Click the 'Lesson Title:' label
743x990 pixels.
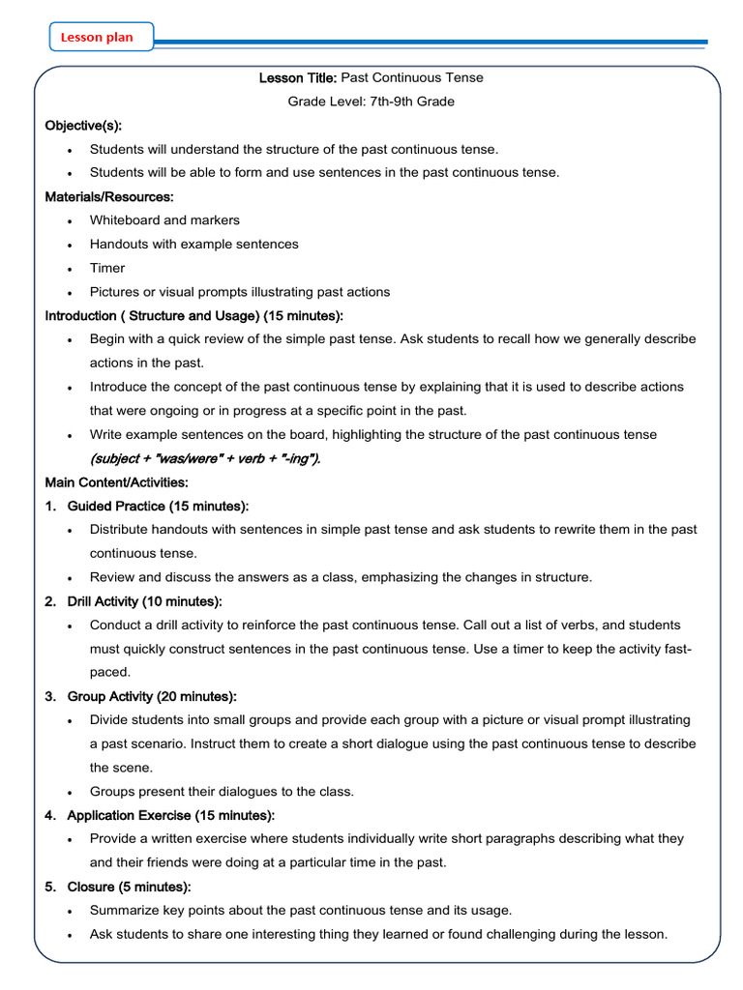[x=298, y=77]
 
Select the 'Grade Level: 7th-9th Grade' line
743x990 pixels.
[x=371, y=102]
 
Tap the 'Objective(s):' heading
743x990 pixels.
[x=83, y=126]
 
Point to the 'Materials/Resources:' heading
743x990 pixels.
[x=109, y=196]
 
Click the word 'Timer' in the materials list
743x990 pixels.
[x=107, y=268]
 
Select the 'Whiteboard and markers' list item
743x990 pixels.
[x=164, y=220]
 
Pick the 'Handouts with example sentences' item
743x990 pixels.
[x=193, y=245]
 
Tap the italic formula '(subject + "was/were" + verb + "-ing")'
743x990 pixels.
[x=204, y=458]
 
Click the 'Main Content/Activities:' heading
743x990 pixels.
[x=117, y=482]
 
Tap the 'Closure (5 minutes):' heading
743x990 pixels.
[x=129, y=887]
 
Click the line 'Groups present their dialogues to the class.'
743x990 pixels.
[x=222, y=791]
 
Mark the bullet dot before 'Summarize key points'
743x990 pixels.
[x=71, y=911]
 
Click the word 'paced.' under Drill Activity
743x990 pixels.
[x=109, y=672]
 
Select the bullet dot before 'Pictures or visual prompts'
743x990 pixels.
[x=71, y=292]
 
